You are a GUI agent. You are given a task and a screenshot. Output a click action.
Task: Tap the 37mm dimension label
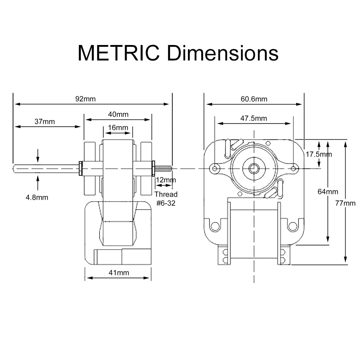[x=45, y=121]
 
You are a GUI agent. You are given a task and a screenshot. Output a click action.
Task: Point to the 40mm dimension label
[x=118, y=114]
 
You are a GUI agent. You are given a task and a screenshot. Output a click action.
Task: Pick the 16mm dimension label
[x=118, y=127]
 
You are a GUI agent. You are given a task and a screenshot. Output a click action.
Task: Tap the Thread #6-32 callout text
[x=166, y=198]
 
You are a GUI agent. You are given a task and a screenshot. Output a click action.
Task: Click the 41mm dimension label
[x=119, y=273]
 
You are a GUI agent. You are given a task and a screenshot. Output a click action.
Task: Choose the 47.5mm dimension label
[x=254, y=118]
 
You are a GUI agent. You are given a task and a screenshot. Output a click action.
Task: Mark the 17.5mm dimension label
[x=319, y=154]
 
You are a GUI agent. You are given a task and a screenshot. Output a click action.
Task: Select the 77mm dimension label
[x=345, y=203]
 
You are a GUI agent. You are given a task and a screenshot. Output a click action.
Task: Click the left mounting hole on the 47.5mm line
[x=215, y=168]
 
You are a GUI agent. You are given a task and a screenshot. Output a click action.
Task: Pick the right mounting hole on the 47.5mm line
[x=294, y=168]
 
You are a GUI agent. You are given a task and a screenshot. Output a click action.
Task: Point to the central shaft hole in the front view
[x=254, y=168]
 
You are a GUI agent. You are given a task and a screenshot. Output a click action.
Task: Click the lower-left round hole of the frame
[x=215, y=226]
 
